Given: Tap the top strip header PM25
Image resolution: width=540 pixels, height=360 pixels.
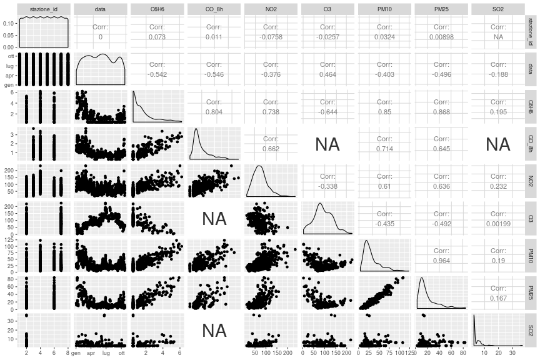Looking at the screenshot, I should click(441, 9).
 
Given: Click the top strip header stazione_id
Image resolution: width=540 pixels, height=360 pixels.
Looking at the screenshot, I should click(43, 9).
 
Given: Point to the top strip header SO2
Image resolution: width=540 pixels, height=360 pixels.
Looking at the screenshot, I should click(498, 9).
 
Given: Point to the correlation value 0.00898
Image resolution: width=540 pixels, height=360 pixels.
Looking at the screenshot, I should click(441, 37).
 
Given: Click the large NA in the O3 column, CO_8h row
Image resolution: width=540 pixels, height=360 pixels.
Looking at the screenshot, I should click(327, 144).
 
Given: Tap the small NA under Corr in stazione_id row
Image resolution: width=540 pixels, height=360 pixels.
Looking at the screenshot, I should click(498, 37).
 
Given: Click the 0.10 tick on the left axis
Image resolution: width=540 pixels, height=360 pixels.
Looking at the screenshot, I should click(8, 23).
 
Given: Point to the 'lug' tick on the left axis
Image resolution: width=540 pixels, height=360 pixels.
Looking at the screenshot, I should click(9, 64).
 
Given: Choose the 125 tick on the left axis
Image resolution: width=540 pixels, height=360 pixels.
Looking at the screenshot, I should click(9, 239).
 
